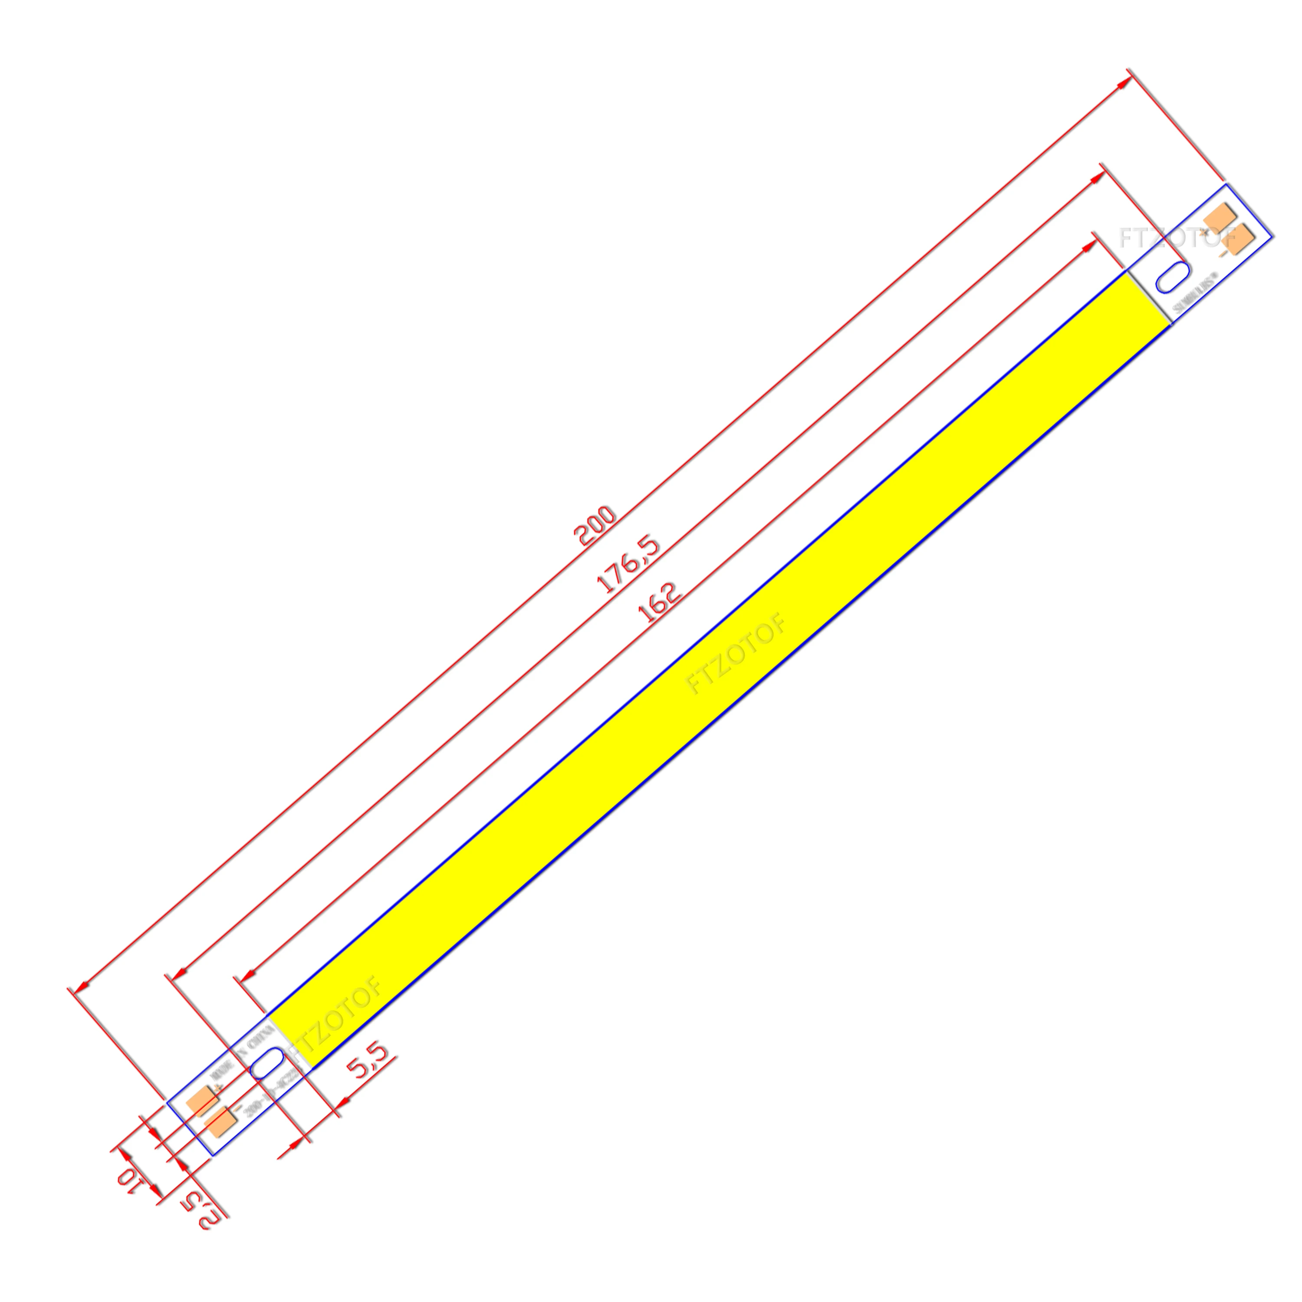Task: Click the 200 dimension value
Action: click(595, 526)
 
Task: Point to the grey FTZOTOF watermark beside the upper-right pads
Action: click(1176, 237)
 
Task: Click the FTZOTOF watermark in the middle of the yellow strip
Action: click(736, 655)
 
